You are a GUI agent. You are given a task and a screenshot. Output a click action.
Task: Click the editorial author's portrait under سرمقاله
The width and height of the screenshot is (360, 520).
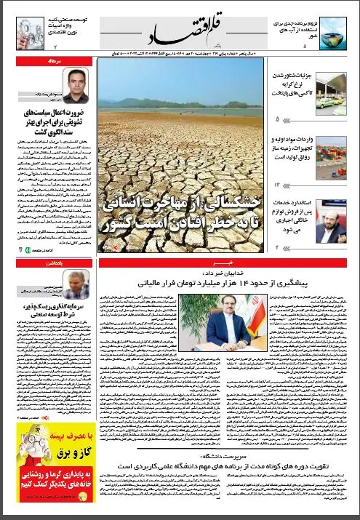(x=75, y=86)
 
